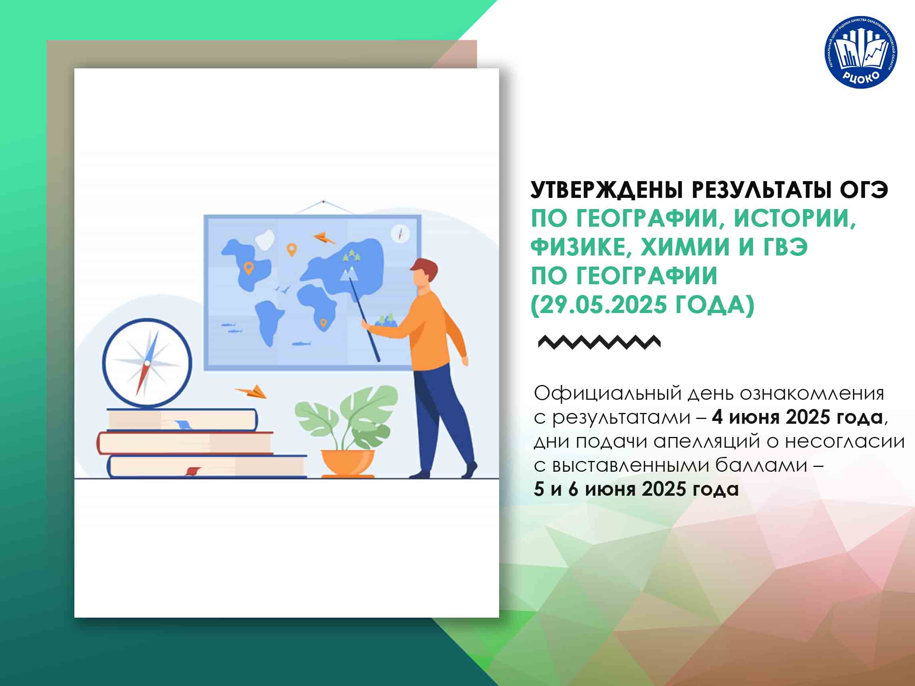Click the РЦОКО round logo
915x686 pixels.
pos(861,52)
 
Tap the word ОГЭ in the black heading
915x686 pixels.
pos(863,190)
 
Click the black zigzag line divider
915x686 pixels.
pos(599,342)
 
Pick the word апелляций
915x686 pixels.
pos(707,442)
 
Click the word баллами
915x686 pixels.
pos(761,466)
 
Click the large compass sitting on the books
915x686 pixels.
pos(147,363)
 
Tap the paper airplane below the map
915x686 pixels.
pos(252,392)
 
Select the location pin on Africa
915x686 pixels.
pos(324,323)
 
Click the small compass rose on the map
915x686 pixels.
pos(400,234)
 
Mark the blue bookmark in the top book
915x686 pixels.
pos(182,424)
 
